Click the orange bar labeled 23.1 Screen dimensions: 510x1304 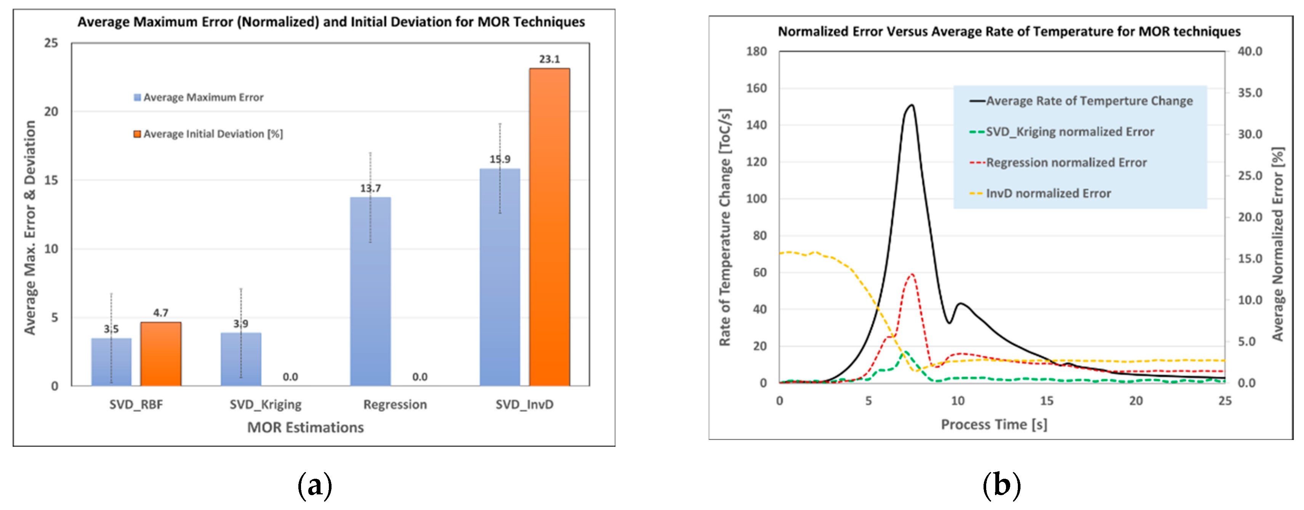(549, 228)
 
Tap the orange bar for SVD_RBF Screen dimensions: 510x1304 (160, 354)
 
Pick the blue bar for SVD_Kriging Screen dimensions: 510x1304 (241, 359)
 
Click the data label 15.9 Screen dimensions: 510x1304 (500, 159)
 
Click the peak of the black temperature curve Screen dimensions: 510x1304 (911, 105)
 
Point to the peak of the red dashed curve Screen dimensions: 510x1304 (912, 274)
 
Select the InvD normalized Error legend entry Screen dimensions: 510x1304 (1048, 193)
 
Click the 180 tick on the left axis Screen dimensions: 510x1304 (756, 51)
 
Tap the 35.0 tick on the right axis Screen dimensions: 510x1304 (1250, 93)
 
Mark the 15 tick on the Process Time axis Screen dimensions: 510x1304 (1046, 401)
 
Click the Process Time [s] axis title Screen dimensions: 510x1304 (994, 425)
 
